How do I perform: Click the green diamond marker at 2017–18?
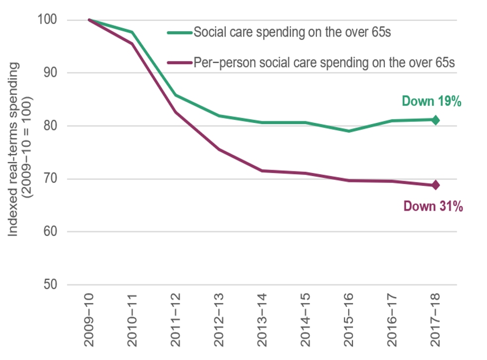click(435, 120)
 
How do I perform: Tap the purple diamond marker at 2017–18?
click(435, 185)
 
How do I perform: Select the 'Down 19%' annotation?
click(431, 102)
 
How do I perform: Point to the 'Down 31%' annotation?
click(433, 206)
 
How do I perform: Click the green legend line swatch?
click(179, 34)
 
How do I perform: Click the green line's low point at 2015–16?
click(349, 131)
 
